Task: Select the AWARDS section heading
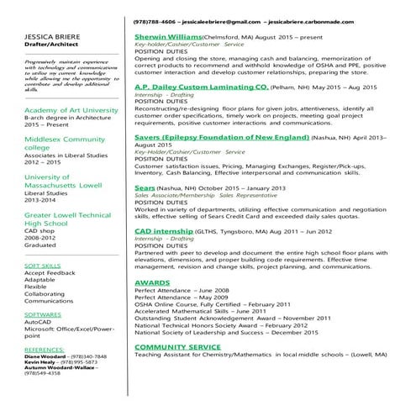pyautogui.click(x=152, y=282)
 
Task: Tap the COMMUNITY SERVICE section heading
pyautogui.click(x=177, y=346)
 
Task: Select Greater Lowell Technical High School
pyautogui.click(x=67, y=220)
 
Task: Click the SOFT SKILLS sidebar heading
pyautogui.click(x=43, y=265)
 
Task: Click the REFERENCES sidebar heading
pyautogui.click(x=45, y=347)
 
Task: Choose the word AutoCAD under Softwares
pyautogui.click(x=39, y=321)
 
